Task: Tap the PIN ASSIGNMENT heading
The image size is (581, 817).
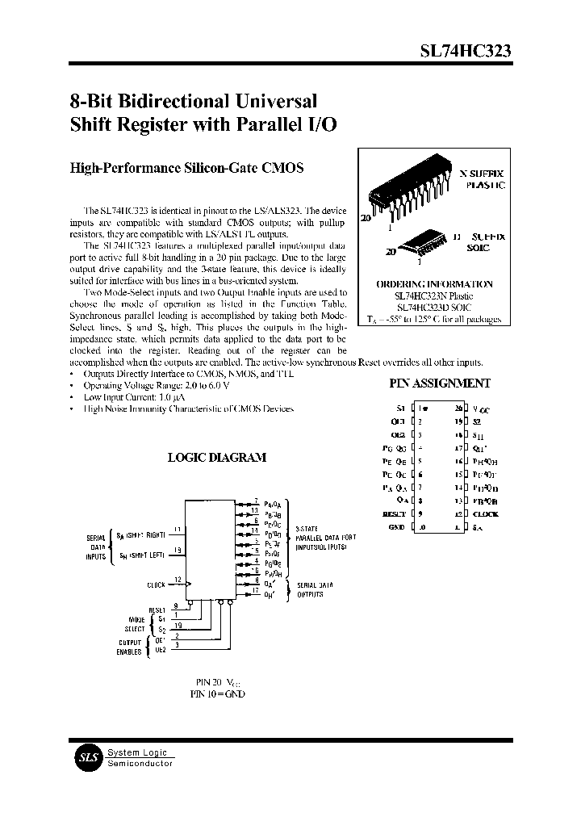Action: (x=439, y=384)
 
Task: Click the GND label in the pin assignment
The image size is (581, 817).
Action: (x=395, y=527)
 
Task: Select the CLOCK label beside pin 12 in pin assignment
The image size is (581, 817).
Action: (x=486, y=514)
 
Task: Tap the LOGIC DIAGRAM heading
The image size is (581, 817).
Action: (x=215, y=458)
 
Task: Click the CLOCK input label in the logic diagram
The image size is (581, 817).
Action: (x=156, y=584)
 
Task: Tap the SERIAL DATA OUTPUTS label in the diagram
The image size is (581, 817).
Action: (x=311, y=589)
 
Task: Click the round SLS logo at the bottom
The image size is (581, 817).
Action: (x=86, y=758)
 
